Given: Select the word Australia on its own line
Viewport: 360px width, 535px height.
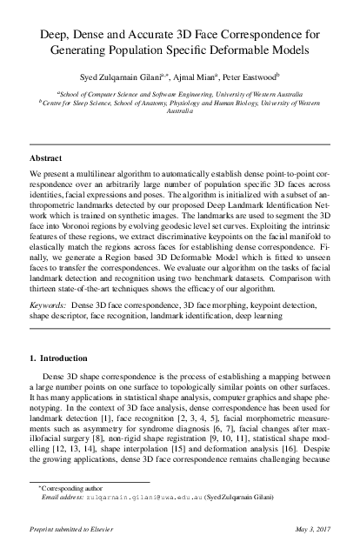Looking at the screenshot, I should point(179,112).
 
